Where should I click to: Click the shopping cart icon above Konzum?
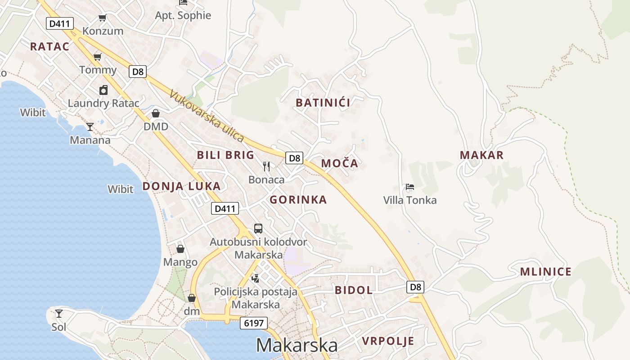(103, 18)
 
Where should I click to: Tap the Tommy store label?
(98, 70)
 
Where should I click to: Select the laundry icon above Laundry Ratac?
(103, 90)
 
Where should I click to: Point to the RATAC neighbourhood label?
(49, 46)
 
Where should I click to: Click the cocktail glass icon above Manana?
(90, 127)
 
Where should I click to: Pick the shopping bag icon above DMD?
(156, 113)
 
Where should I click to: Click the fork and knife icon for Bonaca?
(266, 166)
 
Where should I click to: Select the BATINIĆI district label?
(323, 103)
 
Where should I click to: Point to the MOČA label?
(340, 163)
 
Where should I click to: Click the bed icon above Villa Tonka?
(409, 187)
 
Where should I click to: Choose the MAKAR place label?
(481, 155)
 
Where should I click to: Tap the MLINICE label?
(545, 272)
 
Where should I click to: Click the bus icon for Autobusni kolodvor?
(258, 228)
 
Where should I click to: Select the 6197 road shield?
(254, 323)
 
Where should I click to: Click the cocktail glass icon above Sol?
(59, 313)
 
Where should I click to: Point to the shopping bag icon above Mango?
(180, 249)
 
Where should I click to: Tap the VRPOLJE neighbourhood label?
(388, 341)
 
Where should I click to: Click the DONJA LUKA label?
(181, 186)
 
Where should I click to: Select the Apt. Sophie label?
(183, 15)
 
